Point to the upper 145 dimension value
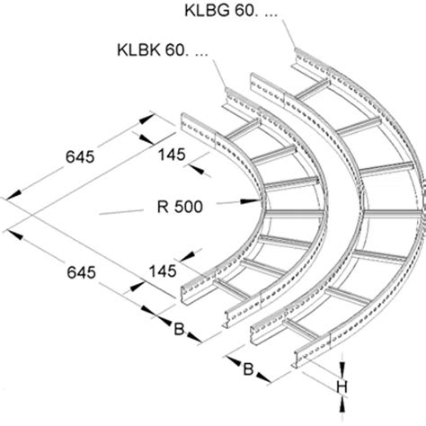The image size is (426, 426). (170, 155)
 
